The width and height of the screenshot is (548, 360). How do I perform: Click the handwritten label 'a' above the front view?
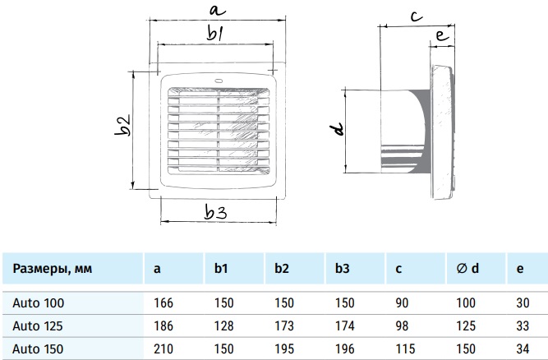point(215,11)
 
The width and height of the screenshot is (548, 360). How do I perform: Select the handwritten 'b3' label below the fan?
point(215,212)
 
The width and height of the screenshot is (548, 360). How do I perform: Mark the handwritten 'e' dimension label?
point(441,37)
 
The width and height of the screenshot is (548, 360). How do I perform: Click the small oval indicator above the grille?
point(219,81)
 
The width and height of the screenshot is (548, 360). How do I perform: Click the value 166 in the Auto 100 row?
point(163,302)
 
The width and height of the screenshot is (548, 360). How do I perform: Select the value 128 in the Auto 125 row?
point(223,325)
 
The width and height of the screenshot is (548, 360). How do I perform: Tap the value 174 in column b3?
point(344,325)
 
